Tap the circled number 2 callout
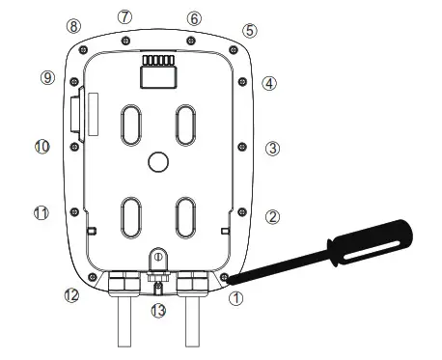[x=273, y=217]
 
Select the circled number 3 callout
[x=273, y=149]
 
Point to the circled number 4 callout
[x=270, y=84]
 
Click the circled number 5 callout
[x=250, y=30]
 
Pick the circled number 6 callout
[x=194, y=18]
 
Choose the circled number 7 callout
[x=124, y=17]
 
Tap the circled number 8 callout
[x=73, y=25]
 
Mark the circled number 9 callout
[x=47, y=77]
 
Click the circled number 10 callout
[x=41, y=147]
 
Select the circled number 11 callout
[x=41, y=212]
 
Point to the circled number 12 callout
[x=70, y=294]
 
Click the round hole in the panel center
[x=158, y=162]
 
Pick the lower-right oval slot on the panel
[x=186, y=218]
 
